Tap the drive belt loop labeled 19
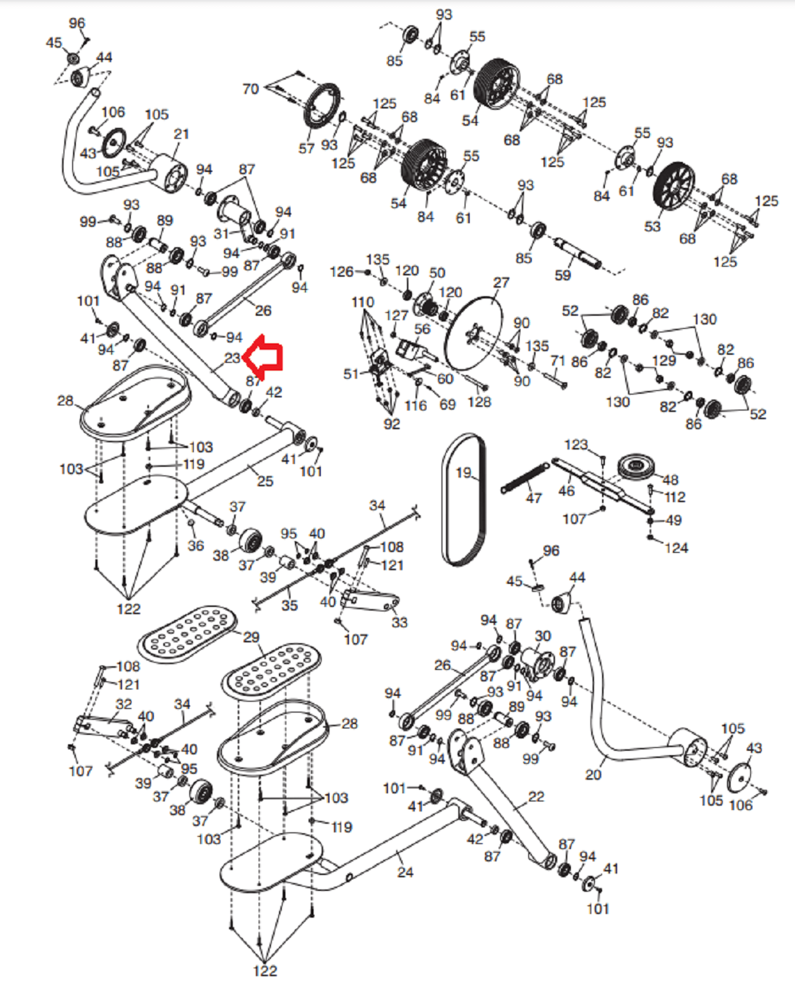pyautogui.click(x=463, y=500)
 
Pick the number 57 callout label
pyautogui.click(x=306, y=148)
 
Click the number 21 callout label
pyautogui.click(x=181, y=134)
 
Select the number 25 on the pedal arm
pyautogui.click(x=265, y=481)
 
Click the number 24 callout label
pyautogui.click(x=405, y=872)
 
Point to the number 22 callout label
pyautogui.click(x=536, y=796)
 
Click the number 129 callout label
pyautogui.click(x=664, y=361)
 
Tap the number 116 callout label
pyautogui.click(x=416, y=405)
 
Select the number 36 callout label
pyautogui.click(x=196, y=546)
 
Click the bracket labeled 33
pyautogui.click(x=370, y=601)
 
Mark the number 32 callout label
pyautogui.click(x=124, y=704)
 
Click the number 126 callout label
pyautogui.click(x=342, y=272)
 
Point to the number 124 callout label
pyautogui.click(x=676, y=548)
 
